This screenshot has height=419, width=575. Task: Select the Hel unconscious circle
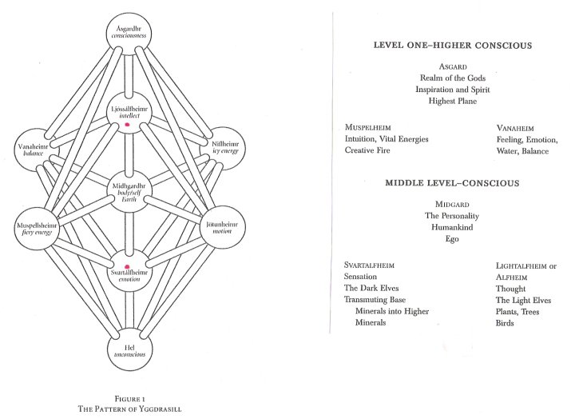129,353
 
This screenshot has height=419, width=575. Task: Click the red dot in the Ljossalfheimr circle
128,125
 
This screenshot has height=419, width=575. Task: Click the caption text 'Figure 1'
128,397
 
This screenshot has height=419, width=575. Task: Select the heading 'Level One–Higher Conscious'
452,46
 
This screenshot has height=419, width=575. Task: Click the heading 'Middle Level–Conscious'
452,183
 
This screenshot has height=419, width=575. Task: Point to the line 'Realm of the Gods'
452,78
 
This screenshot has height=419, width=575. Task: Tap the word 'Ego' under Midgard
452,239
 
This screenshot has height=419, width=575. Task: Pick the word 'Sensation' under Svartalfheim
360,276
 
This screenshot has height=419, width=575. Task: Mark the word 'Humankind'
452,227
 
